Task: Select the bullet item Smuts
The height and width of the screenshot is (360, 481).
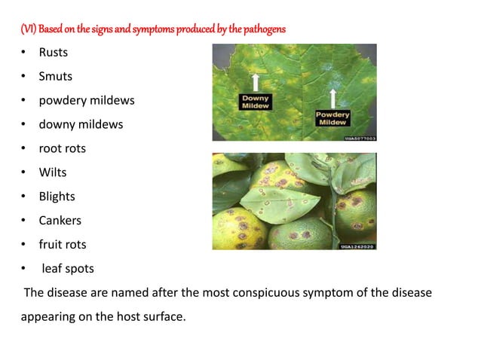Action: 56,76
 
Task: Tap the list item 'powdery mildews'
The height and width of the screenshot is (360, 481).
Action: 87,100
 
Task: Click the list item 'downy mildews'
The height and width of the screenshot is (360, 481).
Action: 81,124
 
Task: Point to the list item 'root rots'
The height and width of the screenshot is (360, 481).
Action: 63,148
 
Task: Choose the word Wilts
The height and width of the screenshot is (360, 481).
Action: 53,172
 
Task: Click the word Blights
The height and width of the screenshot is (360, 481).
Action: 57,197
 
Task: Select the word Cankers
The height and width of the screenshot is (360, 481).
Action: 60,221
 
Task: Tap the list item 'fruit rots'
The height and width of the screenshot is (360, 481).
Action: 63,245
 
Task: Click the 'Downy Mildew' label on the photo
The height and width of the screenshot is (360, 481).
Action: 256,102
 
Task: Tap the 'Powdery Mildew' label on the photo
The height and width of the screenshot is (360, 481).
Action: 332,118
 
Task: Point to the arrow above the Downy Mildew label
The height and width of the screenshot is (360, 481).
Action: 256,82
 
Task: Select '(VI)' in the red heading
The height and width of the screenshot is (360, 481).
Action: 28,29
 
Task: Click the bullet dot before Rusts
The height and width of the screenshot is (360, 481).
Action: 24,52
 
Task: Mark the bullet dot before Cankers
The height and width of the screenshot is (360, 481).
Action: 24,221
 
